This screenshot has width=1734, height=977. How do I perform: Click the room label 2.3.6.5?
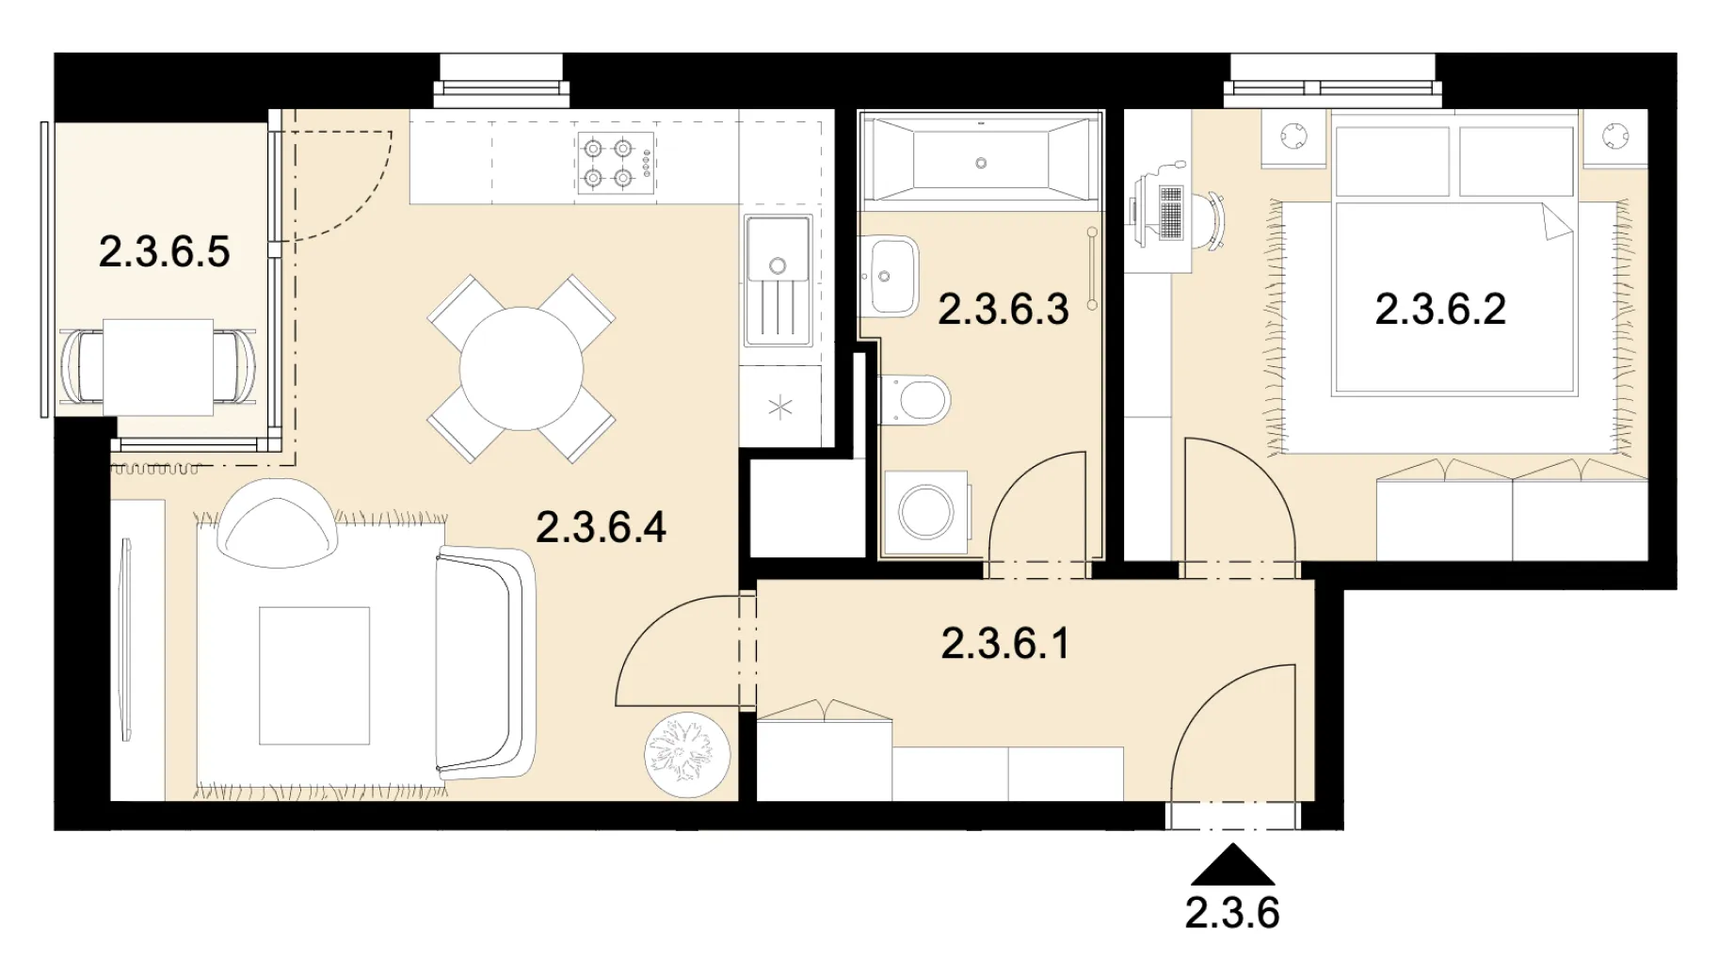pos(164,251)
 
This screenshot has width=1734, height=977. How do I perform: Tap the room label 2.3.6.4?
pos(601,527)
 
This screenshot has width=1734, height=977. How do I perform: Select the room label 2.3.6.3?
pos(1003,310)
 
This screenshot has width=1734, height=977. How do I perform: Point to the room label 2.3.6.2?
pos(1440,310)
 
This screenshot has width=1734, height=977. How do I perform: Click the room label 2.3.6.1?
pos(1005,644)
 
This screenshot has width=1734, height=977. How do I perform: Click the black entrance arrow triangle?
pos(1232,865)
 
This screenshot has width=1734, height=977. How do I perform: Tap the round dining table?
pos(522,368)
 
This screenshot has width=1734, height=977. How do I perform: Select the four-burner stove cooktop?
pos(617,163)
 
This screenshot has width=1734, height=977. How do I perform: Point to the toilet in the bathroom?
pos(914,400)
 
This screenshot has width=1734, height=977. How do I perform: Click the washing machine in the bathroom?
pos(926,512)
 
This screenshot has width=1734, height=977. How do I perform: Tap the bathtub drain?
pos(981,163)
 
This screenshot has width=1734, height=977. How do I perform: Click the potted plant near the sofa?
pos(687,755)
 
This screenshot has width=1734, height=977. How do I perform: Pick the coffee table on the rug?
pos(314,676)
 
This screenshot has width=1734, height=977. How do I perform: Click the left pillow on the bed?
pos(1392,161)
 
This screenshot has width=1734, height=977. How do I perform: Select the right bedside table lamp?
pos(1616,136)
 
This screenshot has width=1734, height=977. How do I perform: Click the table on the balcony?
pos(158,367)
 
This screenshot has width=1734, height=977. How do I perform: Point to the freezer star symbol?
pos(780,408)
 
